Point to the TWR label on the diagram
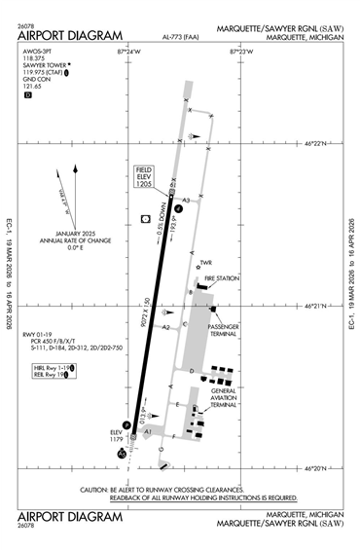pyautogui.click(x=205, y=262)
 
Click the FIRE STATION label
pyautogui.click(x=221, y=278)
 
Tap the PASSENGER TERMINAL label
pyautogui.click(x=225, y=330)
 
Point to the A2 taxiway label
pyautogui.click(x=166, y=326)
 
